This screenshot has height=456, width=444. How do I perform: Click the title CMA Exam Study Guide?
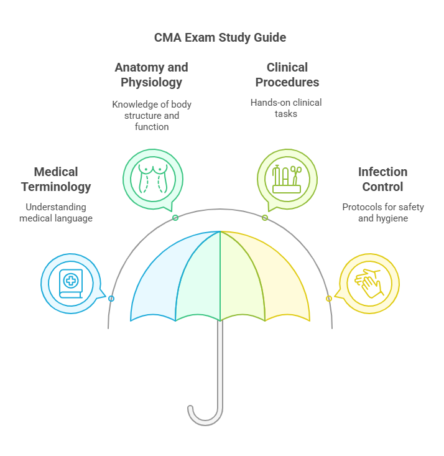(x=220, y=37)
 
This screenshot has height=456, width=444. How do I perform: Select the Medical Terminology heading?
(x=56, y=179)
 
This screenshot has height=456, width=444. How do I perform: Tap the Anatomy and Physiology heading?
(x=151, y=75)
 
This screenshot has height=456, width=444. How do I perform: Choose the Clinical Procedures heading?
(x=287, y=75)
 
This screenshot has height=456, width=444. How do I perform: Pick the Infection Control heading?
(x=382, y=179)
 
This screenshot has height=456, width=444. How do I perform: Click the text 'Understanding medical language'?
(x=56, y=212)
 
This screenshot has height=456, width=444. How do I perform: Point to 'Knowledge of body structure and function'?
(x=152, y=115)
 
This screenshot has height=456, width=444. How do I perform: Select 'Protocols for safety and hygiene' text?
(x=383, y=212)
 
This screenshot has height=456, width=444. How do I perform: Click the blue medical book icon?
(x=71, y=284)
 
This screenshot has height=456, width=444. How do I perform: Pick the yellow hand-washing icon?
(x=369, y=284)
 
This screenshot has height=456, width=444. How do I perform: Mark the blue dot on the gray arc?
(x=111, y=299)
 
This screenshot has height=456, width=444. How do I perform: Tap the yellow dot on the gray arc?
(x=329, y=299)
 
